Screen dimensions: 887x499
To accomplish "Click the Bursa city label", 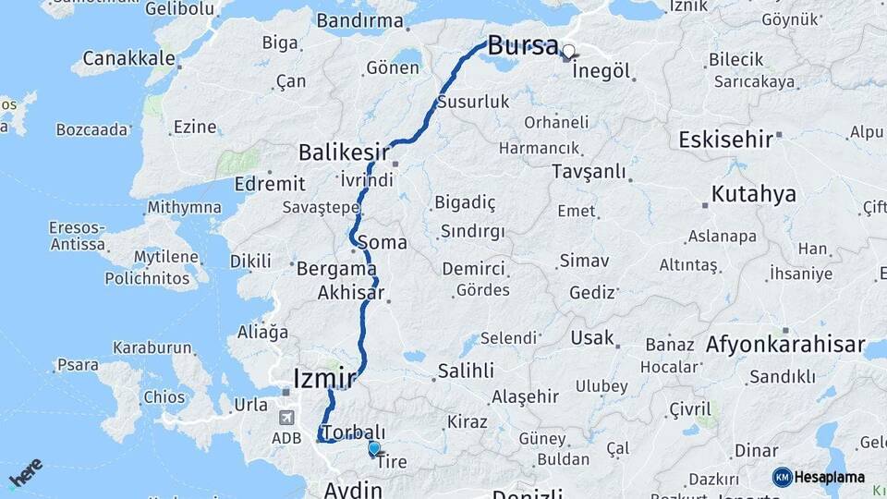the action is (x=522, y=44).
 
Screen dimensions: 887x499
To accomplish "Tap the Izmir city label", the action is (x=323, y=378).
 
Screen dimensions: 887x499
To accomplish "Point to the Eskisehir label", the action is (x=725, y=140).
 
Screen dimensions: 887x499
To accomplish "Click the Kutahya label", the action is (x=753, y=195).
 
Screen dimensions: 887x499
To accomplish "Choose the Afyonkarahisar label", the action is (x=777, y=347).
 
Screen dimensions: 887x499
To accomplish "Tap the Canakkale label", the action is (x=129, y=58).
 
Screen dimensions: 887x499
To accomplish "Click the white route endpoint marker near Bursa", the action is (x=568, y=52).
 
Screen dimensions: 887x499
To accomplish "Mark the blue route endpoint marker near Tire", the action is (x=373, y=448).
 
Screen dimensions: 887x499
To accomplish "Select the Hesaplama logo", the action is (x=819, y=477).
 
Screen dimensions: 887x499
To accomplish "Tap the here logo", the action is (x=26, y=473).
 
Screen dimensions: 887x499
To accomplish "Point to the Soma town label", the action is (x=386, y=243).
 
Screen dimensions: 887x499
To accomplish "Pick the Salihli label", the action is (x=466, y=371).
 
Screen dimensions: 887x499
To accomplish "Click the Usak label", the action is (x=592, y=337).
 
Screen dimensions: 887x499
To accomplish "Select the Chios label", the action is (x=164, y=397).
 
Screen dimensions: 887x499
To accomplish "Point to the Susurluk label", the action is (x=474, y=102).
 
